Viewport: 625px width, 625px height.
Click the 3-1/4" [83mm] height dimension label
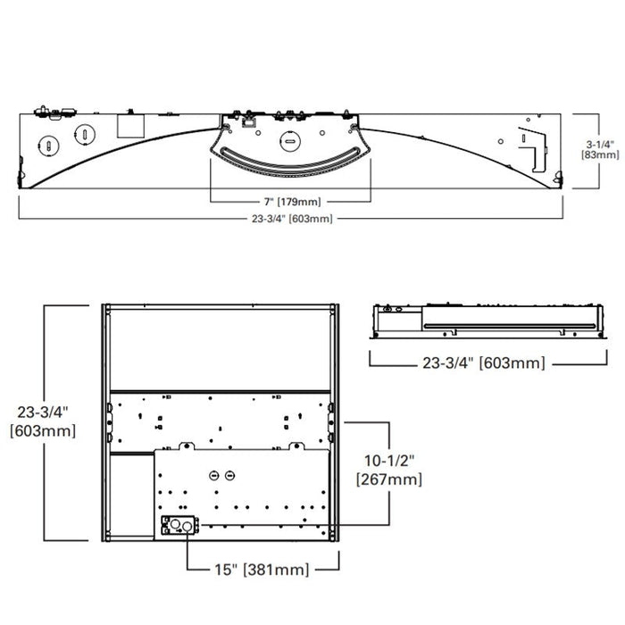tap(599, 147)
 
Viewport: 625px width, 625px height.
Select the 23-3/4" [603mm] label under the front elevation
tap(293, 219)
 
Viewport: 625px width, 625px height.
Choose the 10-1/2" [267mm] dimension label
tap(389, 470)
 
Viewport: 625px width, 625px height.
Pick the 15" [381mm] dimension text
tap(262, 569)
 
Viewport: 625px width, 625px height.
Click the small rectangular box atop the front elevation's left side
tap(131, 124)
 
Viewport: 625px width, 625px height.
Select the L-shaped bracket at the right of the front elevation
tap(532, 146)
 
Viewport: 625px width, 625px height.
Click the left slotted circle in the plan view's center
tap(213, 475)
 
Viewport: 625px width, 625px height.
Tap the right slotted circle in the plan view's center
tap(229, 475)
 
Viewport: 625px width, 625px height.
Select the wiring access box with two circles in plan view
tap(177, 526)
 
